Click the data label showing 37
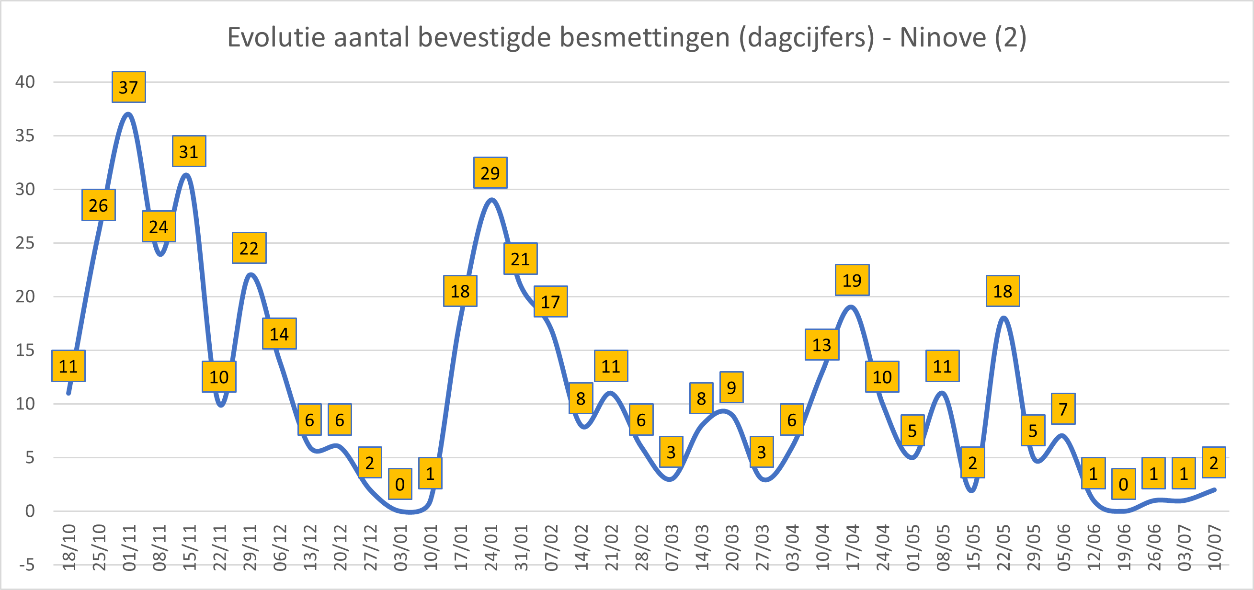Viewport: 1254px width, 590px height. click(x=128, y=87)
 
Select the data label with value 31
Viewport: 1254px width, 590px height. click(x=189, y=151)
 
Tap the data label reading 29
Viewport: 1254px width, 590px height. click(x=490, y=173)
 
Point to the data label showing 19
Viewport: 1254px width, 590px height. click(x=852, y=281)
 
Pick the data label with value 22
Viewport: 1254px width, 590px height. click(x=249, y=248)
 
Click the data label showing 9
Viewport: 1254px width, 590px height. click(x=731, y=387)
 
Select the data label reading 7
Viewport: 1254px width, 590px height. click(x=1063, y=409)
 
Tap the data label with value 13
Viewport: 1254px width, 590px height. click(x=822, y=345)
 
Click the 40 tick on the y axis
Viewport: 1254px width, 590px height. click(x=25, y=82)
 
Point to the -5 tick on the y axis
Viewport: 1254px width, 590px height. click(x=27, y=565)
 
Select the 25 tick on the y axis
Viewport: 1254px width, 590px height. click(x=25, y=242)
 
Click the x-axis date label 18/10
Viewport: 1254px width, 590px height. click(x=69, y=547)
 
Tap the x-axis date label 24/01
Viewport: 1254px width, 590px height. click(x=490, y=547)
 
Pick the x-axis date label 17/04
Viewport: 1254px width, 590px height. click(x=853, y=547)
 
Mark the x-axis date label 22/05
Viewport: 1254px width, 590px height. click(x=1003, y=547)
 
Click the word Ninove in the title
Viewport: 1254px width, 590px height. click(x=943, y=37)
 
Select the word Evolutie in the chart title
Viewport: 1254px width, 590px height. click(x=276, y=37)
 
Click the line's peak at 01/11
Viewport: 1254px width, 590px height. click(x=128, y=114)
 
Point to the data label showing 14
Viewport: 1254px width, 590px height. click(x=279, y=334)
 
